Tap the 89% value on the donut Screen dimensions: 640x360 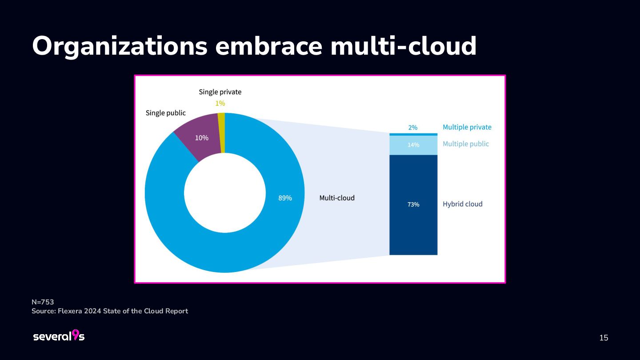285,198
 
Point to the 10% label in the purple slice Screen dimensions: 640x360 201,138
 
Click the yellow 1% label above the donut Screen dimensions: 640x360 220,103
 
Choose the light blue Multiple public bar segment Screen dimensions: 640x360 413,145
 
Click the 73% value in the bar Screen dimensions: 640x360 413,204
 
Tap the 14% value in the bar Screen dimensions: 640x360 413,145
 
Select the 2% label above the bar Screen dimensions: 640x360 413,128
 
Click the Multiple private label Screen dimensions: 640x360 467,127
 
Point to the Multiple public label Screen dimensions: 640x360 465,144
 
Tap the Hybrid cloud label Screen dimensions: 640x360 462,204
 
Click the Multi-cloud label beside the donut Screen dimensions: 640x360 337,198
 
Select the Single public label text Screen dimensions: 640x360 166,113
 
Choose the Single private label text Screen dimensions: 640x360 220,92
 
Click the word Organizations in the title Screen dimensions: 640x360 120,46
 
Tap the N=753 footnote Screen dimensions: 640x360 43,302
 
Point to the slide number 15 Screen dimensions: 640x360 604,338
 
